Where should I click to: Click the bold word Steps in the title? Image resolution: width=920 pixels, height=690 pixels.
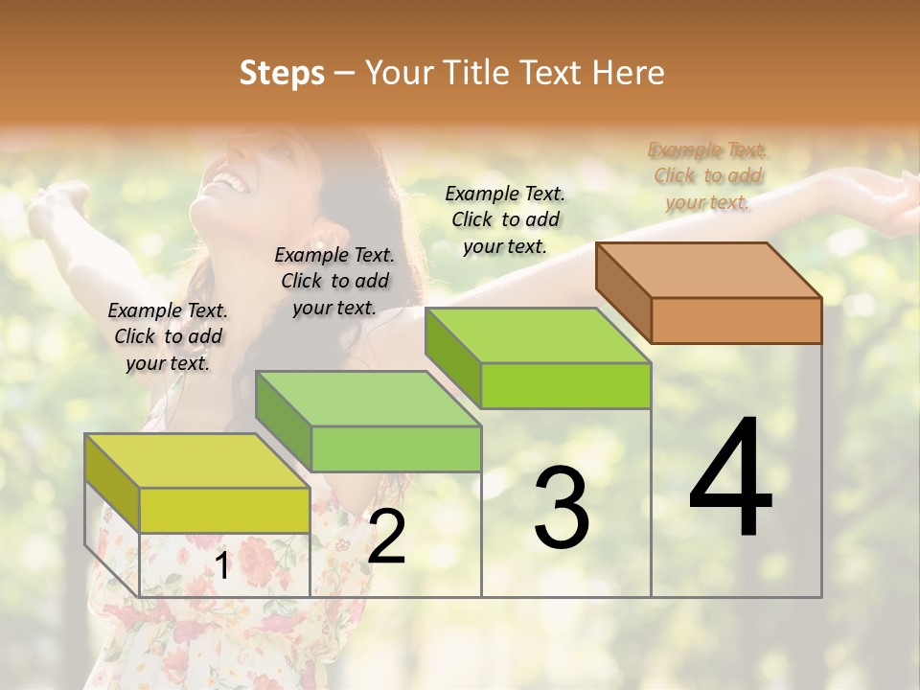(282, 73)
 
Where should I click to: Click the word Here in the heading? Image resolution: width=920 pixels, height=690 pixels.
(629, 73)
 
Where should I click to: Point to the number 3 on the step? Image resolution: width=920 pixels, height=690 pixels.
(561, 508)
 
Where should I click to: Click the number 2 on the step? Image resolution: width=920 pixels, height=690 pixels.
(386, 538)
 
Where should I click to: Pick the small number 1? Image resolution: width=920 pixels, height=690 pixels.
(222, 566)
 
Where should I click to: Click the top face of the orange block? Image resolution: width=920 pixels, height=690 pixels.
(707, 270)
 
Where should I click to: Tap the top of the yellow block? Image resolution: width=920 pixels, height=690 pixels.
(196, 461)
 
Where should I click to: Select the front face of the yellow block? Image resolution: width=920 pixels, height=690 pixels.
(224, 510)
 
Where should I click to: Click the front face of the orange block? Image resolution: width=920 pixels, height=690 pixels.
(736, 320)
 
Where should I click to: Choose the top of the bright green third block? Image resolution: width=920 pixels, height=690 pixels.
(537, 335)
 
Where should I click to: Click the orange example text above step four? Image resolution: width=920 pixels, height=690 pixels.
(707, 175)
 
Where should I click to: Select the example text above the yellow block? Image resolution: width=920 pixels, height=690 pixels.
(168, 336)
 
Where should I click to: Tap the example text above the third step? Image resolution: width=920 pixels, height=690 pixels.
(505, 219)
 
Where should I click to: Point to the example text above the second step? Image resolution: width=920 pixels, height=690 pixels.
(334, 281)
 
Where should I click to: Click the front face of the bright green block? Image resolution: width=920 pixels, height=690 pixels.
(565, 385)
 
